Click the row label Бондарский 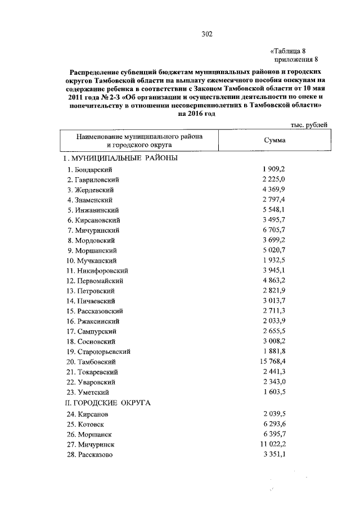click(89, 169)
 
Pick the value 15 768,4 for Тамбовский click(272, 362)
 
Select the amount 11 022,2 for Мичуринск click(272, 444)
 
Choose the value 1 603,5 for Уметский click(274, 392)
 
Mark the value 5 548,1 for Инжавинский click(274, 210)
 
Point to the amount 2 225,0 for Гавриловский click(274, 179)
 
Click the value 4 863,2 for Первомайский click(274, 281)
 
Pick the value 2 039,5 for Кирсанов click(274, 413)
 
